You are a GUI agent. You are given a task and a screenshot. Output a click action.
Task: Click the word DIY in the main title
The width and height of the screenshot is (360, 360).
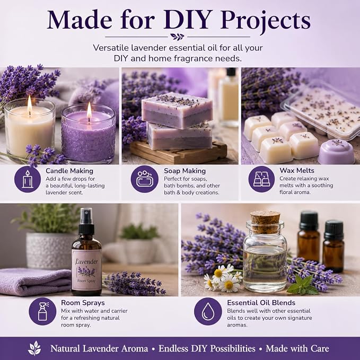[x=188, y=20]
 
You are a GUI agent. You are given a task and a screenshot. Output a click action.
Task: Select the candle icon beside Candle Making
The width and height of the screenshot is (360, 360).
[x=28, y=179]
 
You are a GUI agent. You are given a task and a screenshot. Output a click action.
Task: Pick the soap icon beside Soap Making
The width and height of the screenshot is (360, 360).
[x=145, y=179]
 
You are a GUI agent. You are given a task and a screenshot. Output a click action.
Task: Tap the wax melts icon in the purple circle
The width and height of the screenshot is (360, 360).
[x=261, y=179]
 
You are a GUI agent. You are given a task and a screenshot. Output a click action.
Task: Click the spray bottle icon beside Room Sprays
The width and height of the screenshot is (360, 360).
[x=42, y=311]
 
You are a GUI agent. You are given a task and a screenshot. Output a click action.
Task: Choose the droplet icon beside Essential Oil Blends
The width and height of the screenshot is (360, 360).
[x=208, y=311]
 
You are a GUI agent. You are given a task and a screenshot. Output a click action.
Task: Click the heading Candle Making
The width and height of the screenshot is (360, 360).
[x=69, y=171]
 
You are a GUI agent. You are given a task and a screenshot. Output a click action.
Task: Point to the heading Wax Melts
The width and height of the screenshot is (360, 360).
[x=297, y=170]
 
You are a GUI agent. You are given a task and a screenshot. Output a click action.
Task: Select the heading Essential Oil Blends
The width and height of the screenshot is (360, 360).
[x=261, y=303]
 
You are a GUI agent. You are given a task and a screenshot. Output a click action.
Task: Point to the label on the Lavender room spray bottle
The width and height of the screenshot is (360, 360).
[x=86, y=270]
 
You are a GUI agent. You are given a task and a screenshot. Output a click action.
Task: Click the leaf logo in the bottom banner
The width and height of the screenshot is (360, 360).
[x=34, y=348]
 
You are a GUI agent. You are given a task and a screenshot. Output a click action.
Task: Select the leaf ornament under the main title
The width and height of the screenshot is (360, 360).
[x=177, y=37]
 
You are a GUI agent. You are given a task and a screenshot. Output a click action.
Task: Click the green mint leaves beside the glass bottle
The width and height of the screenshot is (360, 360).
[x=303, y=286]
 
